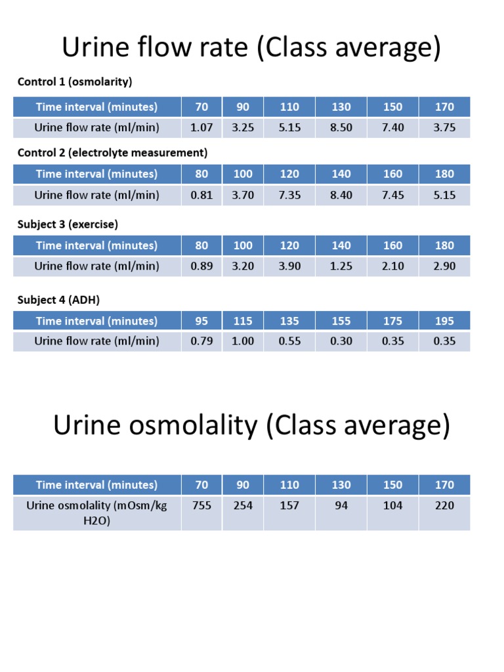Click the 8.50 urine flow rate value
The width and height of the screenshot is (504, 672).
point(341,127)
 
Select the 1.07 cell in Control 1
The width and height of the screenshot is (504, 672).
point(201,127)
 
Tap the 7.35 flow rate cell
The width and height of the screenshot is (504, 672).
point(289,195)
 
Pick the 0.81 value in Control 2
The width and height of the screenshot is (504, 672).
point(201,195)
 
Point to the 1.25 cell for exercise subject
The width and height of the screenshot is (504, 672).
point(341,266)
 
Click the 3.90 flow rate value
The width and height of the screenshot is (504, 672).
point(289,266)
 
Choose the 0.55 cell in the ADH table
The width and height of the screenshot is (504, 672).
point(289,341)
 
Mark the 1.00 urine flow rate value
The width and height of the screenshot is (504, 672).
point(243,341)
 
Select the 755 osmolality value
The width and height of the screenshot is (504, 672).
point(201,505)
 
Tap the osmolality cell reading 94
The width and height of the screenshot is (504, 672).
point(341,505)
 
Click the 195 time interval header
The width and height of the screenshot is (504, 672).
point(444,321)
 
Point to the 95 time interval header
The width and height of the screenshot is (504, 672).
point(201,321)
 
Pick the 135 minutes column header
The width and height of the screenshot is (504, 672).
point(289,321)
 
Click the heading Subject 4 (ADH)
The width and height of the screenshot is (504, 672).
point(58,300)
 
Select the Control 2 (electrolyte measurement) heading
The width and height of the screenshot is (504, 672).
point(112,153)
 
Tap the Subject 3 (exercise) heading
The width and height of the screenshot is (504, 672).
point(68,224)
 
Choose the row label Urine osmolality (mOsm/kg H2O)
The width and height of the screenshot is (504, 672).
point(96,513)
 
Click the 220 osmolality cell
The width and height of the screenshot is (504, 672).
point(444,505)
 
